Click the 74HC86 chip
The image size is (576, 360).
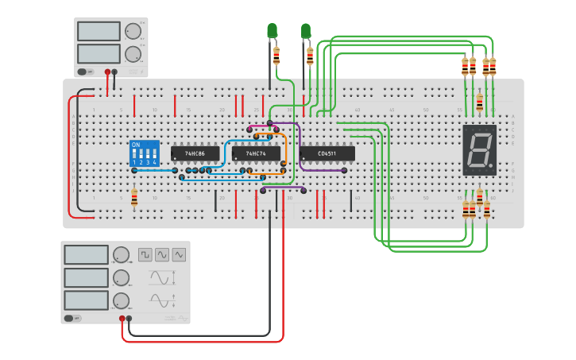pyautogui.click(x=195, y=153)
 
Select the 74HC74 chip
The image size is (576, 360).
pyautogui.click(x=256, y=153)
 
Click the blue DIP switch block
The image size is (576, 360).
pyautogui.click(x=145, y=153)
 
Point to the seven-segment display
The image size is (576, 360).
pyautogui.click(x=480, y=149)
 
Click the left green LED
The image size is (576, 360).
pyautogui.click(x=272, y=31)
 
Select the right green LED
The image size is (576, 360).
pyautogui.click(x=306, y=31)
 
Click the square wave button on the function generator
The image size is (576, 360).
pyautogui.click(x=145, y=254)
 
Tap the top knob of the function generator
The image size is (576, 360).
pyautogui.click(x=121, y=255)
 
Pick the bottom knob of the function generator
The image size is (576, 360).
pyautogui.click(x=121, y=300)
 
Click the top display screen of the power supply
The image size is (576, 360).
pyautogui.click(x=99, y=31)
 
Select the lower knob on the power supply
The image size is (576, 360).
pyautogui.click(x=133, y=54)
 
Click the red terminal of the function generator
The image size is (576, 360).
pyautogui.click(x=122, y=319)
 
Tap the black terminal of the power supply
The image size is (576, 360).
pyautogui.click(x=114, y=72)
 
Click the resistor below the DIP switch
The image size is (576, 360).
pyautogui.click(x=134, y=197)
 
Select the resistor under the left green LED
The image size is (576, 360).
pyautogui.click(x=276, y=56)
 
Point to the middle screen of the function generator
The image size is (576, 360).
pyautogui.click(x=86, y=277)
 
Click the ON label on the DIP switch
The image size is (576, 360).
pyautogui.click(x=136, y=145)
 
